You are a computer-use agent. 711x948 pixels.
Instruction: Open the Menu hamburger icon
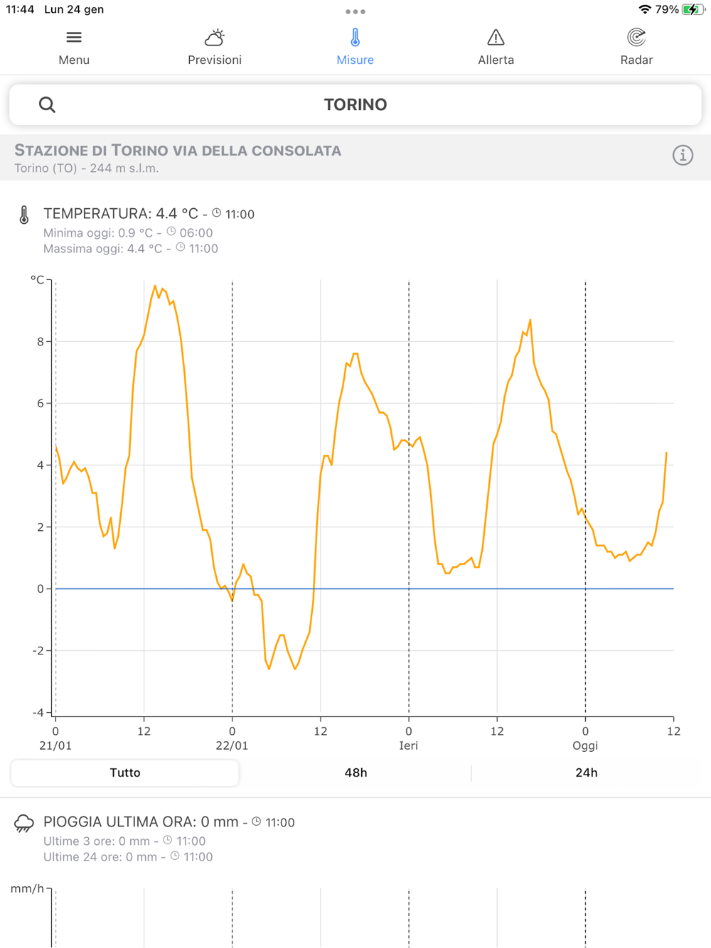click(74, 38)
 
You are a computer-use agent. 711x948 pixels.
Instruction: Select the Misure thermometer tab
click(355, 38)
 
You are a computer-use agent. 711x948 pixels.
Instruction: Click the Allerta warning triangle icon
click(496, 38)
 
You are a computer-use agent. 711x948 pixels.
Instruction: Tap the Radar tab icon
click(636, 38)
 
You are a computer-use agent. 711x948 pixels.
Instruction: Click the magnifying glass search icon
click(47, 105)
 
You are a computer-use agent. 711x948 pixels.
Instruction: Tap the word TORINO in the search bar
click(355, 105)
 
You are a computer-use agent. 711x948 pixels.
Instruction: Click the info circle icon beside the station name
click(683, 156)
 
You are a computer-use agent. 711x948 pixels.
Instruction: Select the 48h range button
click(355, 772)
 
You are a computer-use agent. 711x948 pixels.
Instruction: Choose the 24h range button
click(586, 772)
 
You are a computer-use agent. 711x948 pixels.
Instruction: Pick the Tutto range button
click(125, 772)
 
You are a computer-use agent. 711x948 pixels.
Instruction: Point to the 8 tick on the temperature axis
click(41, 342)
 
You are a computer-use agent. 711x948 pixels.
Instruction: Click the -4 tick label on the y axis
click(38, 712)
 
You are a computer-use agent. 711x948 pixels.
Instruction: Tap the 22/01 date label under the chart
click(232, 745)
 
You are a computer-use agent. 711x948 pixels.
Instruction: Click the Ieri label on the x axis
click(408, 745)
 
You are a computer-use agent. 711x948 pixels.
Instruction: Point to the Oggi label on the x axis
click(585, 745)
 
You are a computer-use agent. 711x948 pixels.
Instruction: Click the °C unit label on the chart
click(37, 280)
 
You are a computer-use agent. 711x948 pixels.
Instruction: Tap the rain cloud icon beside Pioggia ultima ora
click(24, 824)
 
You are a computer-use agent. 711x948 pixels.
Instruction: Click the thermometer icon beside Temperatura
click(24, 215)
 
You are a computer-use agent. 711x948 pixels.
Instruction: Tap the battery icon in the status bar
click(692, 10)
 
